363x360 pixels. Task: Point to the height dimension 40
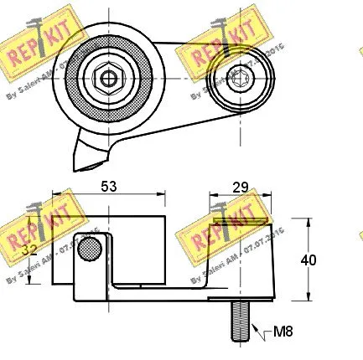309,260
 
